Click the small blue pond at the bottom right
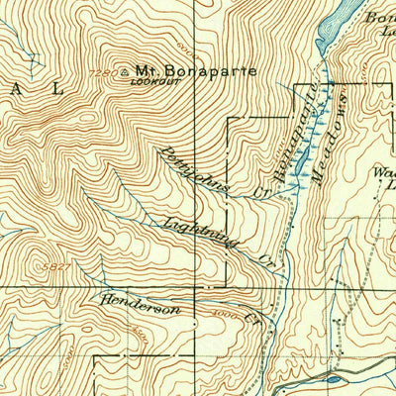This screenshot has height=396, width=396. point(332,377)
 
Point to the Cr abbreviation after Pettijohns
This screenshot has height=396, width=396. point(261,191)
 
